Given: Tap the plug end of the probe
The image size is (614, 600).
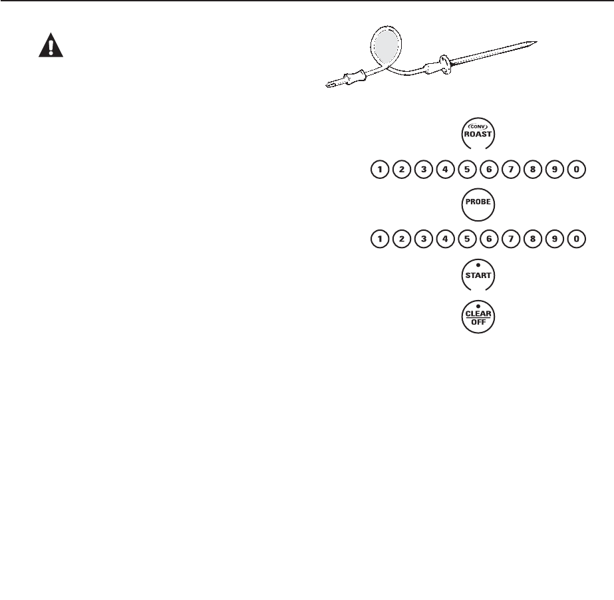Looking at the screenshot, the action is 331,84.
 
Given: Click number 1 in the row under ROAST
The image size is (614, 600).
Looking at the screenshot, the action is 380,170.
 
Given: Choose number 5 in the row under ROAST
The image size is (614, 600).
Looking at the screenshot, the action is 467,170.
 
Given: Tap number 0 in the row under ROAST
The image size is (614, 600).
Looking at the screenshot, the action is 577,170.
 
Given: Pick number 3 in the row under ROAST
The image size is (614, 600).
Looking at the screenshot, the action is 423,170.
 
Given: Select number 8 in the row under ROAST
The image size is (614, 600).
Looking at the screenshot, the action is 533,170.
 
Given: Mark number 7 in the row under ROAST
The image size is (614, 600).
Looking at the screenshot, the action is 511,170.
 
